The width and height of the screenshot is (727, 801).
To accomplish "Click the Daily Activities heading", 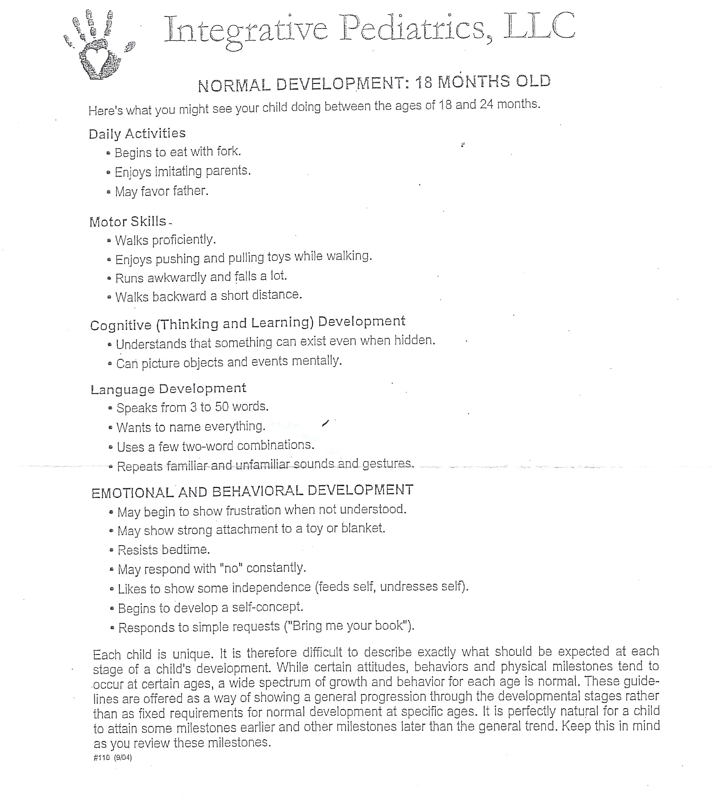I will click(137, 133).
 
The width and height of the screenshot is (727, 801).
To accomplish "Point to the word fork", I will click(228, 151).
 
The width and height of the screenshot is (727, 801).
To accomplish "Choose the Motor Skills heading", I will click(128, 221).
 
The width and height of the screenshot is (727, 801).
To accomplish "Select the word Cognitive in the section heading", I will click(121, 325).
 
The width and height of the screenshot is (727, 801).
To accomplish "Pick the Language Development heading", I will click(168, 389).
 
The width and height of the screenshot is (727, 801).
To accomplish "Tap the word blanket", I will click(363, 528).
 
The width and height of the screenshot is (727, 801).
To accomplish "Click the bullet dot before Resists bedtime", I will click(112, 551).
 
